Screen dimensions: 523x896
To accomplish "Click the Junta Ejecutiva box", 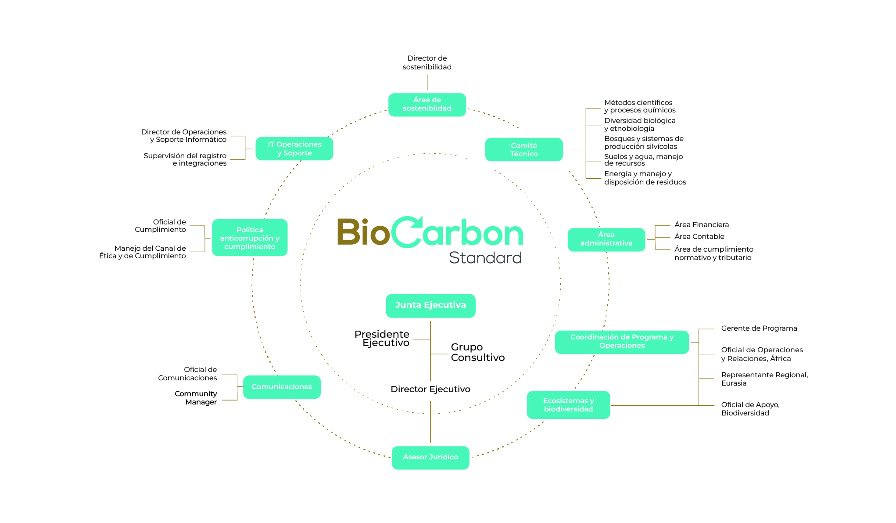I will coord(430,306).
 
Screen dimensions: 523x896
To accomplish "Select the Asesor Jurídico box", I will coord(430,458).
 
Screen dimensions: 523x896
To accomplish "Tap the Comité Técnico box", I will coord(524,150).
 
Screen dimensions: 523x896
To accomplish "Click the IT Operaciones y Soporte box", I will coord(294,149).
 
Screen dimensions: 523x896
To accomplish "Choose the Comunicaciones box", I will coord(282,387).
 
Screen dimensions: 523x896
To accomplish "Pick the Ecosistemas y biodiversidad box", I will coord(568,405).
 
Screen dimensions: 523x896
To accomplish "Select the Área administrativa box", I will coord(606,239).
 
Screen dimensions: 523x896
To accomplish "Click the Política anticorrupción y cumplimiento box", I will coord(250,238).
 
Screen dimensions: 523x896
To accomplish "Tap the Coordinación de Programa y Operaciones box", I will coord(622,342).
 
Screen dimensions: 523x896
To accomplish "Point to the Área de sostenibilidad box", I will coord(427,105).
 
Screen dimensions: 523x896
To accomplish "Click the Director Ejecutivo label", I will coord(430,390).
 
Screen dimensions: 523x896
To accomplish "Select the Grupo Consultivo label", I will coord(477,352).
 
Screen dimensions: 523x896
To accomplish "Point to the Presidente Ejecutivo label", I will coord(382,339).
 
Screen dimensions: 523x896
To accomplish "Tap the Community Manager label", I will coord(196,398).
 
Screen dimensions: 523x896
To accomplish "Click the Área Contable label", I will coord(699,237).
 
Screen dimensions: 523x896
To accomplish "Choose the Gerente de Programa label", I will coord(759,328).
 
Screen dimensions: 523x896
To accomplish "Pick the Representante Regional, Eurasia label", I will coord(764,379).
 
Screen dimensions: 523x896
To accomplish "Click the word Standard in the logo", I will coord(485,258).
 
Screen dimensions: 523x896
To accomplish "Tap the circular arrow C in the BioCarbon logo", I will coord(407,232).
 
